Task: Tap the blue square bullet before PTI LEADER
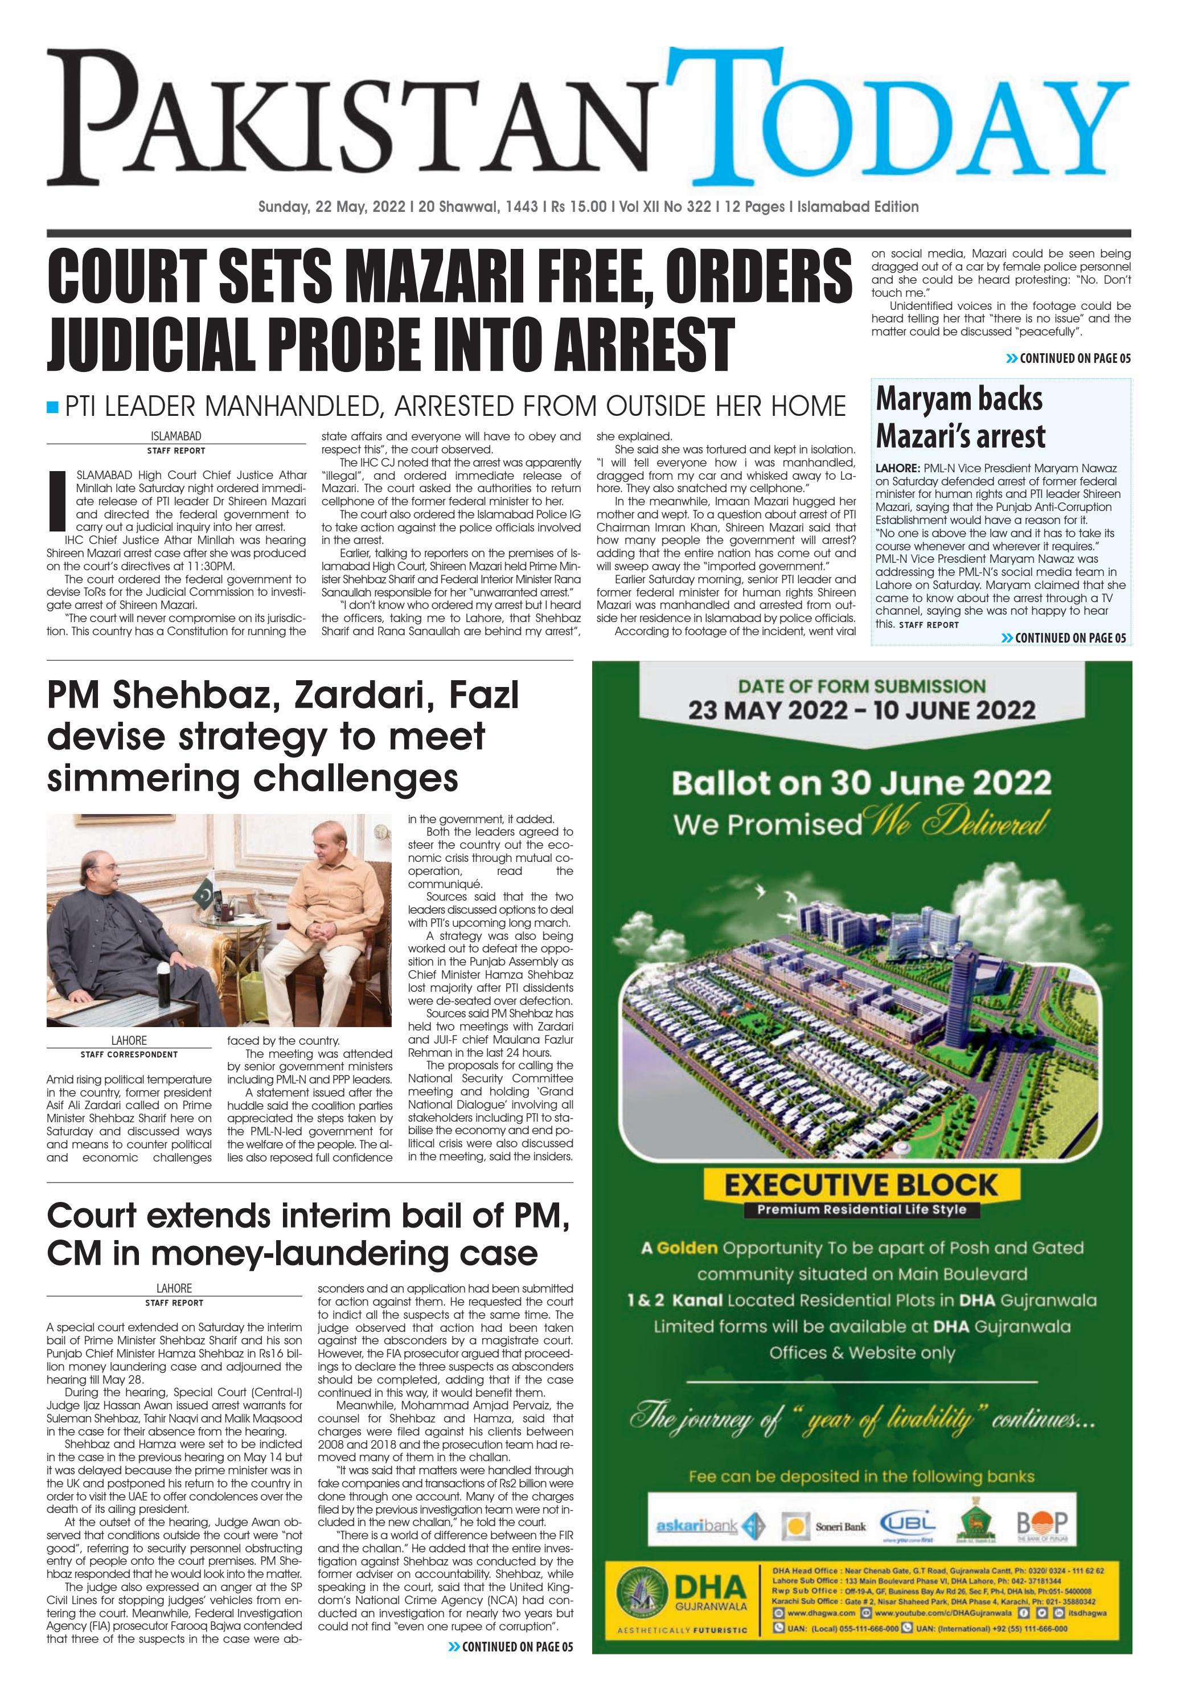point(52,407)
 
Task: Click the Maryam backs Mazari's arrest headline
point(959,417)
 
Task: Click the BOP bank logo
point(1041,1524)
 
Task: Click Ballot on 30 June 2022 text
point(861,783)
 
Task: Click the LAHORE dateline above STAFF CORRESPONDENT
point(129,1041)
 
